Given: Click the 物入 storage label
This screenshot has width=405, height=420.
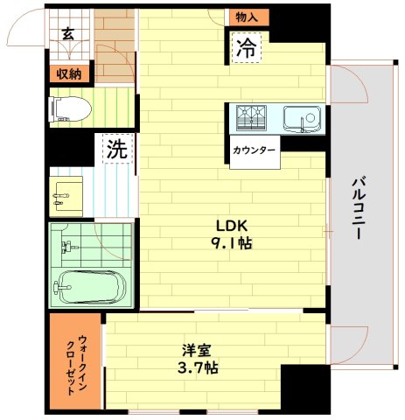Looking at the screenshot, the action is (247, 17).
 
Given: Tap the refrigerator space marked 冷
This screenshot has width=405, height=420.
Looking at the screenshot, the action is (247, 48).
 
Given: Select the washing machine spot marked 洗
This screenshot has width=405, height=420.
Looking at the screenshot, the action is (117, 149).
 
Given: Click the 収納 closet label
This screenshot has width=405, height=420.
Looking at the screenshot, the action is (69, 74).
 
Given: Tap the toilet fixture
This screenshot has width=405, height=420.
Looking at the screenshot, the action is (70, 109).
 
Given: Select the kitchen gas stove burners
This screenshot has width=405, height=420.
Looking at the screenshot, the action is (251, 117).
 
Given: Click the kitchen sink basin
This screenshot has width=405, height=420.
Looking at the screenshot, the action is (303, 119).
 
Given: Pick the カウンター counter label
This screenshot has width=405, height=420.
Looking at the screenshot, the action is (254, 150).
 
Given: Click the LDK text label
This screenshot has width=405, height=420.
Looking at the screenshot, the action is (231, 226).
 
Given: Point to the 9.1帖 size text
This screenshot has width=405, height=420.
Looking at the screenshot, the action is (231, 243).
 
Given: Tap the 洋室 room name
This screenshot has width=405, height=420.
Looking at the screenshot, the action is (197, 351).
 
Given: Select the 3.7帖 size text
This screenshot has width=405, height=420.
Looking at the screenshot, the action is (198, 368).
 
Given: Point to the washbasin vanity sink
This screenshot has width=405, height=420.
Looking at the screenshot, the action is (66, 196).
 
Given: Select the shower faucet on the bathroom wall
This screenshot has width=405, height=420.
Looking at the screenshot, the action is (69, 248).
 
